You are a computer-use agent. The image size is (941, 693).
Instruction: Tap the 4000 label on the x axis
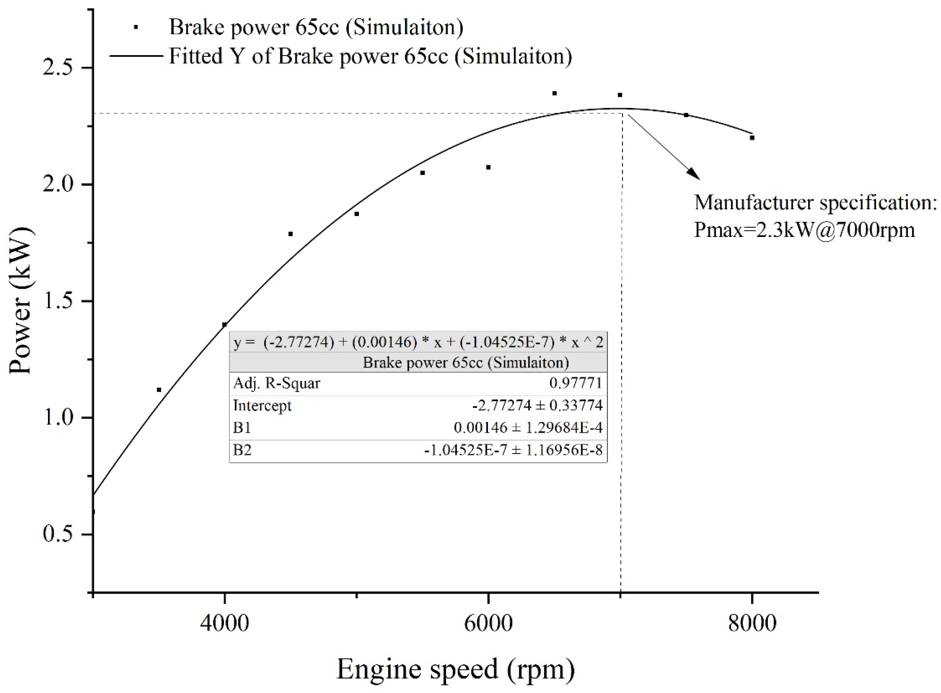(225, 623)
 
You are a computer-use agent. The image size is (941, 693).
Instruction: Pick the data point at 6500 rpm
(555, 94)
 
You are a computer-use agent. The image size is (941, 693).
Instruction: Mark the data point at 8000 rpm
(752, 138)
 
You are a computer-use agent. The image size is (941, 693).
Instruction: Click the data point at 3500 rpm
(159, 390)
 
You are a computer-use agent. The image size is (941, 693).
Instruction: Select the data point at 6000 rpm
(489, 167)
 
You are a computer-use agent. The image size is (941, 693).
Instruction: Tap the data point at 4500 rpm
(290, 234)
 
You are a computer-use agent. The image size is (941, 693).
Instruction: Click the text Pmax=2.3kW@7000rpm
(804, 230)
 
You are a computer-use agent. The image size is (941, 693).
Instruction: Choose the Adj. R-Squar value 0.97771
(575, 383)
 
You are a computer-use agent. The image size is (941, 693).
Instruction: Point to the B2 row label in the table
(242, 450)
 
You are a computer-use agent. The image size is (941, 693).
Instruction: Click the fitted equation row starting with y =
(418, 343)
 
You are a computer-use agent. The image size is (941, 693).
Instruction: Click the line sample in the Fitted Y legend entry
(136, 56)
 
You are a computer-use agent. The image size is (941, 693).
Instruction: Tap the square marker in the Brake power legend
(136, 27)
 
